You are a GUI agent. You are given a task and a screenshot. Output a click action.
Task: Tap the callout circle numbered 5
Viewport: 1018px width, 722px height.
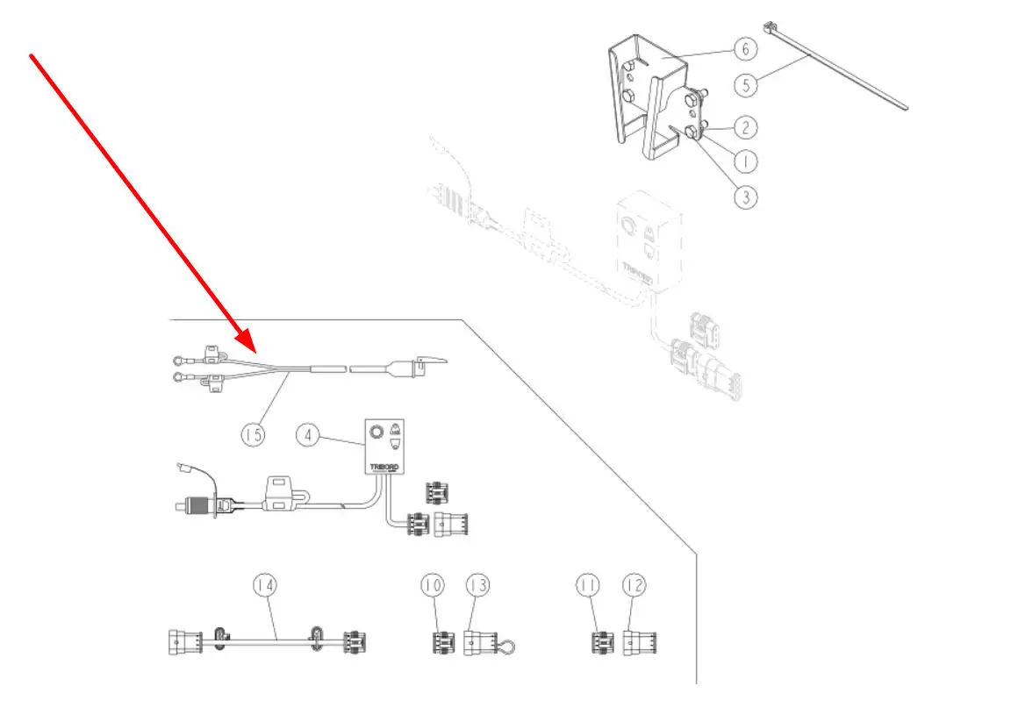pos(745,86)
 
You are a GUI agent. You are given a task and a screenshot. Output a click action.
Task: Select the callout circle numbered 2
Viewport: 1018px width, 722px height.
pos(745,127)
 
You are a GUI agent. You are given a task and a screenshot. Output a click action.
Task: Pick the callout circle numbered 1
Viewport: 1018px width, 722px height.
pos(745,161)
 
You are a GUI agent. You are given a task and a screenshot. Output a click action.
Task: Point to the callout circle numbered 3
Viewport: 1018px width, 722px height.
pos(745,197)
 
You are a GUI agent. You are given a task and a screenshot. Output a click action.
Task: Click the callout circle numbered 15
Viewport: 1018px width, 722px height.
pos(253,434)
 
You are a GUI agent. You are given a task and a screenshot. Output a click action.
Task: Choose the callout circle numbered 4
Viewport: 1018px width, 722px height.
pos(307,434)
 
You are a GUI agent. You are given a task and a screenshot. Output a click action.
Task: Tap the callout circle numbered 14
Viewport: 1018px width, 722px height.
pos(265,584)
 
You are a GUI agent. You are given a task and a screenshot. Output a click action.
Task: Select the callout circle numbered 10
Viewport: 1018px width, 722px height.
pos(432,584)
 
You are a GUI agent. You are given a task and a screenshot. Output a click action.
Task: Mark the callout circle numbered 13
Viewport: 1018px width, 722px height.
pos(478,584)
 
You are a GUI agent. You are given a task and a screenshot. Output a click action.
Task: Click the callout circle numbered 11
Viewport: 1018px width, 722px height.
pos(588,584)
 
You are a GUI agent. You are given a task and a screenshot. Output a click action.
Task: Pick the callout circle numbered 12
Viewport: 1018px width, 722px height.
pos(634,584)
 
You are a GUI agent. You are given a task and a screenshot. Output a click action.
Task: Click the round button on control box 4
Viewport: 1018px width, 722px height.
pos(376,432)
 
